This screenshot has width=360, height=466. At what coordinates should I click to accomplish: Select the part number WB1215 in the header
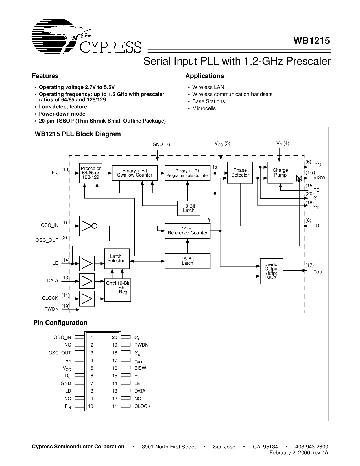point(311,41)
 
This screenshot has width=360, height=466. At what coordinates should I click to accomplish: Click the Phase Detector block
point(240,172)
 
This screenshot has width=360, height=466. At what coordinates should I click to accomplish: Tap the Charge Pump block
point(280,172)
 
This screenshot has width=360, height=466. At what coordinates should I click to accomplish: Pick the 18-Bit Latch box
point(189,208)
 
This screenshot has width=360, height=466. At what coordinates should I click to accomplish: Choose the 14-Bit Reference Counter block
point(187,231)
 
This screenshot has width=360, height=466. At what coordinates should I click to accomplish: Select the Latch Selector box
point(117,258)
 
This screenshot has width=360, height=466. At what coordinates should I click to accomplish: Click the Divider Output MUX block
point(271,271)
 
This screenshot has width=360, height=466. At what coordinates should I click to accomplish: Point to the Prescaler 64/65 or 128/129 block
point(91,173)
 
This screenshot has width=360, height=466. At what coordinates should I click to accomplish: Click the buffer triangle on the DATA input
point(87,281)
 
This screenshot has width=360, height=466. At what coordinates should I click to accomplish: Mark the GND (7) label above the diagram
point(161,145)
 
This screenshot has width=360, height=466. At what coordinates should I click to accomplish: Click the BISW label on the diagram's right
point(319,177)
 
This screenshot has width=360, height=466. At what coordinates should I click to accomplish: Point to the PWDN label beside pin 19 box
point(141,345)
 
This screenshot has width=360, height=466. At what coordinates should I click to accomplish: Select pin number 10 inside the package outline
point(90,406)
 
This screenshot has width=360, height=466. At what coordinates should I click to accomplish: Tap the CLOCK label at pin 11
point(142,406)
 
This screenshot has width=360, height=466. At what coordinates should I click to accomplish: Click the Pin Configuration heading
point(60,323)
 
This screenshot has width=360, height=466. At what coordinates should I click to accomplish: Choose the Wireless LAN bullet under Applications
point(208,87)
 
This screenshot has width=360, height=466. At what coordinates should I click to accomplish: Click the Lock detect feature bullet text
point(63,107)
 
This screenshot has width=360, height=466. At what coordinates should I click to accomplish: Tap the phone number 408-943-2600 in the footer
point(311,447)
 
